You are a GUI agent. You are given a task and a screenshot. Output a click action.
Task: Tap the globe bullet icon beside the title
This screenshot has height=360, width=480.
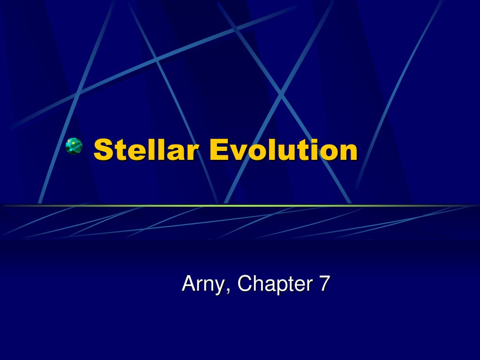coord(74,146)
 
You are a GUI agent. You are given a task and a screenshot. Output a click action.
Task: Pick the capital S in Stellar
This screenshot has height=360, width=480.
coord(103,150)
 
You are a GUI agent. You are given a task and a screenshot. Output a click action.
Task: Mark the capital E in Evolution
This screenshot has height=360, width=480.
coord(218,150)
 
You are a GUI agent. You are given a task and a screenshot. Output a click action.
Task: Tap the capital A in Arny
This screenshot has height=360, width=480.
coord(188,284)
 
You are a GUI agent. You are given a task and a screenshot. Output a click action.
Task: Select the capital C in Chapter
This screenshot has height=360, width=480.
coord(244,284)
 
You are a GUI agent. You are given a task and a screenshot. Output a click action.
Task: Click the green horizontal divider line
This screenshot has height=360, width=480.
coord(240,205)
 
